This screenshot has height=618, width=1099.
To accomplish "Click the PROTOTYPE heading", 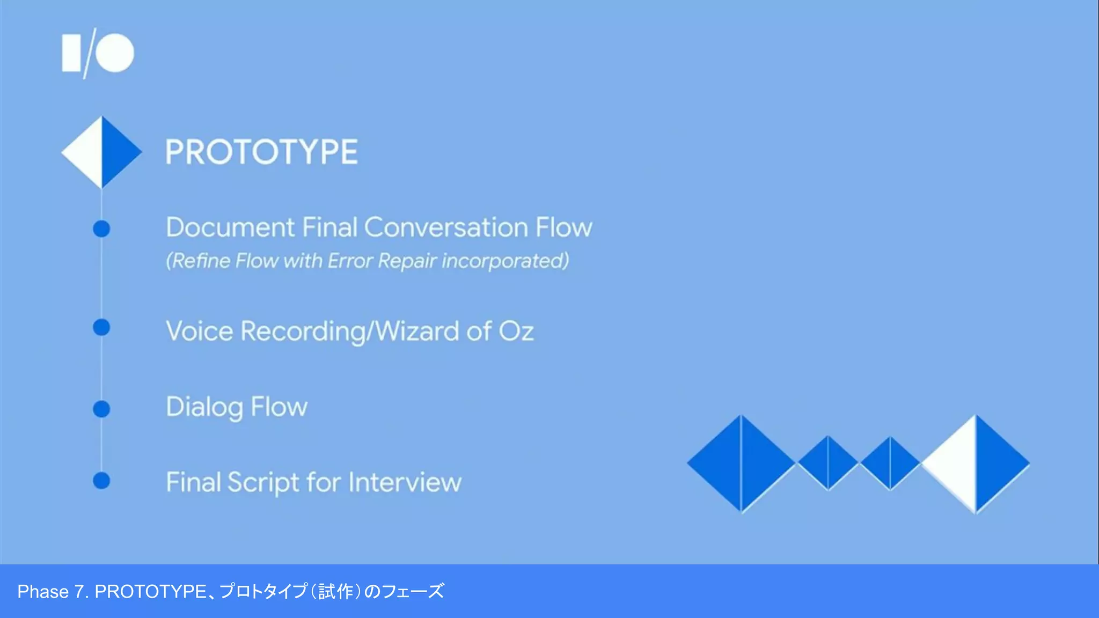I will pos(261,152).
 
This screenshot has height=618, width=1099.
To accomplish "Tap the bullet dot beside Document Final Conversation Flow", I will pos(101,229).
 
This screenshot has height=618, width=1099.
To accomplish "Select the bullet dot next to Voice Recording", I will pos(101,327).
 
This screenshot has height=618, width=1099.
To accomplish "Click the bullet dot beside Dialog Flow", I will pos(101,409).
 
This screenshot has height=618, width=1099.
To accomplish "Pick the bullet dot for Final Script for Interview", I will pos(101,481).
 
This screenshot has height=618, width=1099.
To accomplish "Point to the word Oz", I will pos(516,331).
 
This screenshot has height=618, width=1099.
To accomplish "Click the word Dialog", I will pos(204,407).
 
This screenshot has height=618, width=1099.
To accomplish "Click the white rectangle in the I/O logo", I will pos(71,53).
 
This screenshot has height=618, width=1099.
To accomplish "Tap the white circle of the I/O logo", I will pos(115,53).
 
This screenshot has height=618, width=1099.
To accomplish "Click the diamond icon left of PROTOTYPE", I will pos(101,152).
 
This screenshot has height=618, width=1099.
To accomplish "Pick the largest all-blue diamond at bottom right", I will pos(741,464).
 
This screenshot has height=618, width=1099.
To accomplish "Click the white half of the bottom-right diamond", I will pos(955,464).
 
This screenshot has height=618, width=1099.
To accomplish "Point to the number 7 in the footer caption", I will pos(79,592).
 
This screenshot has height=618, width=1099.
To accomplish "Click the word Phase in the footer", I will pos(43,592).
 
